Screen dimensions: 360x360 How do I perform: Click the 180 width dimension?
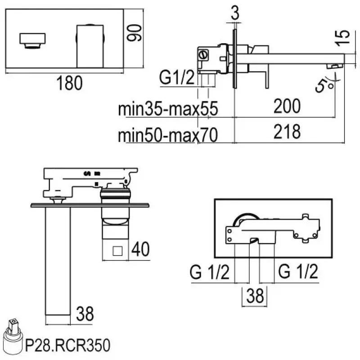coord(69,83)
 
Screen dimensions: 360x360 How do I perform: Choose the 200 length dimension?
coord(287,106)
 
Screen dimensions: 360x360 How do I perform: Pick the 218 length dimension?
coord(287,132)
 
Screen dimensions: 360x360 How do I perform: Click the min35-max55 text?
coord(168,109)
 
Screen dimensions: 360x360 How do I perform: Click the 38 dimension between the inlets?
coord(255,296)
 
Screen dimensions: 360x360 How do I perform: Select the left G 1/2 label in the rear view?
coord(210,272)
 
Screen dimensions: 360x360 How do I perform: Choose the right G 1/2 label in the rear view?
coord(298,272)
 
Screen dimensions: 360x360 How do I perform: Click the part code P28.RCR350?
coord(67,346)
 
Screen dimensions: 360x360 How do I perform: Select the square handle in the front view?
coord(89,45)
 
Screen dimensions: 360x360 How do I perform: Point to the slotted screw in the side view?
coord(202,56)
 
